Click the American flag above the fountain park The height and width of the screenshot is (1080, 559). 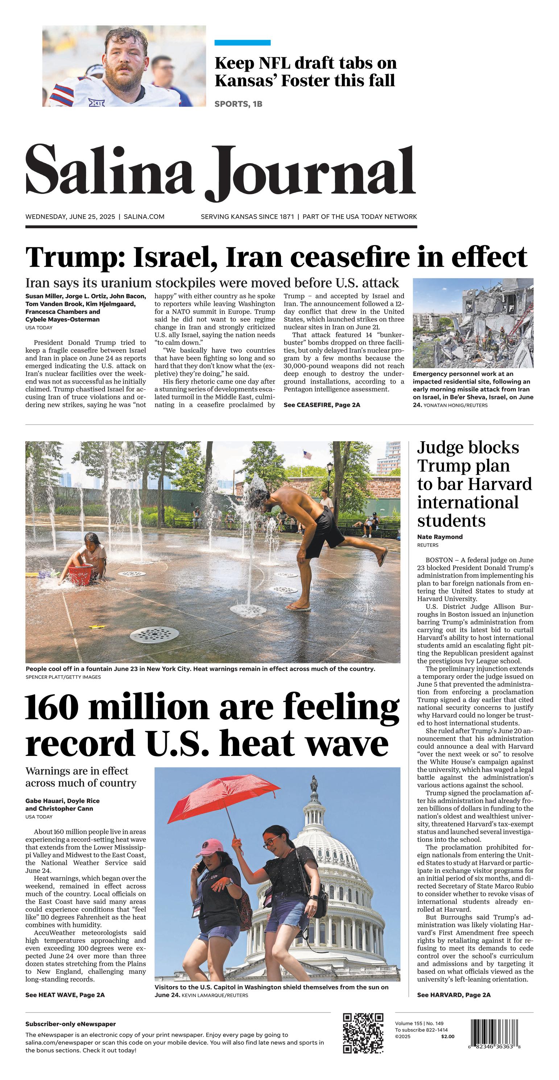307,455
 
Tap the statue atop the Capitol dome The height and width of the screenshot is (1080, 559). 314,783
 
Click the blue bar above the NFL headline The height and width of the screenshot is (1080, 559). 243,43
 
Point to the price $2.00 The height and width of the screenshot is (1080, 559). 447,1036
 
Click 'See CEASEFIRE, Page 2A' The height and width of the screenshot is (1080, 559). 322,405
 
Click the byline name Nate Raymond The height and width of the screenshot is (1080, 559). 440,537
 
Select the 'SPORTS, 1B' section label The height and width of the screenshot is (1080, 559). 238,104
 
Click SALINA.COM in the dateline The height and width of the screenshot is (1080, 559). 144,217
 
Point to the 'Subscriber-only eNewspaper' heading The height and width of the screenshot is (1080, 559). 70,1024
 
